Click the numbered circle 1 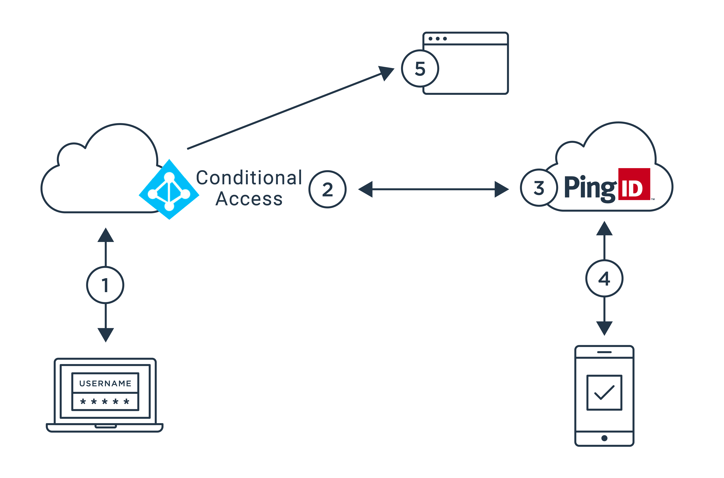click(x=105, y=285)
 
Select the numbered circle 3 click(x=539, y=188)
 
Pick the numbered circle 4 click(x=604, y=278)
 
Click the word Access click(x=249, y=199)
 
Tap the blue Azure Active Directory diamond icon click(x=169, y=189)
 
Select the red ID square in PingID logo click(x=634, y=184)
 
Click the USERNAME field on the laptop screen click(x=105, y=383)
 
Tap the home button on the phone click(x=604, y=438)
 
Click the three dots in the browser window click(x=437, y=39)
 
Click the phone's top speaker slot click(x=604, y=352)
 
